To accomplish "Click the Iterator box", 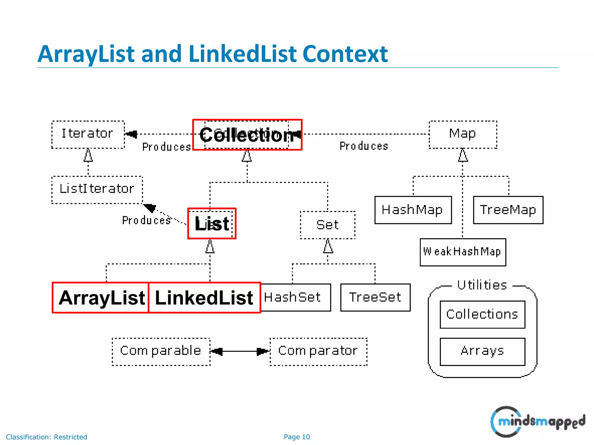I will [x=88, y=134].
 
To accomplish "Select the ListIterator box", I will [x=97, y=190].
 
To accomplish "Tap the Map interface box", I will [x=463, y=134].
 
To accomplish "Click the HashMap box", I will [x=413, y=210].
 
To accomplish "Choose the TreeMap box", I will [x=508, y=210].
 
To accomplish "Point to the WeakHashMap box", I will [x=463, y=252].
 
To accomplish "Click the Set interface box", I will [x=327, y=225].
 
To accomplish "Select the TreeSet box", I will [x=375, y=298].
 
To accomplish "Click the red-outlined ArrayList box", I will [x=101, y=298].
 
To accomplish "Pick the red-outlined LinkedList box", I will [x=204, y=298].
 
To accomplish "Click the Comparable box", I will [x=161, y=351].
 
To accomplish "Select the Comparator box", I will [x=318, y=351].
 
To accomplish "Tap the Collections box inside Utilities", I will [x=482, y=315].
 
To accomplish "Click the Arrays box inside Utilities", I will [x=482, y=351].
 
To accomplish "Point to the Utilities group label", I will [x=482, y=285].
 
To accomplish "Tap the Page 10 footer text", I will [x=297, y=437].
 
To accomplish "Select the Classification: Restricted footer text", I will [x=46, y=437].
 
